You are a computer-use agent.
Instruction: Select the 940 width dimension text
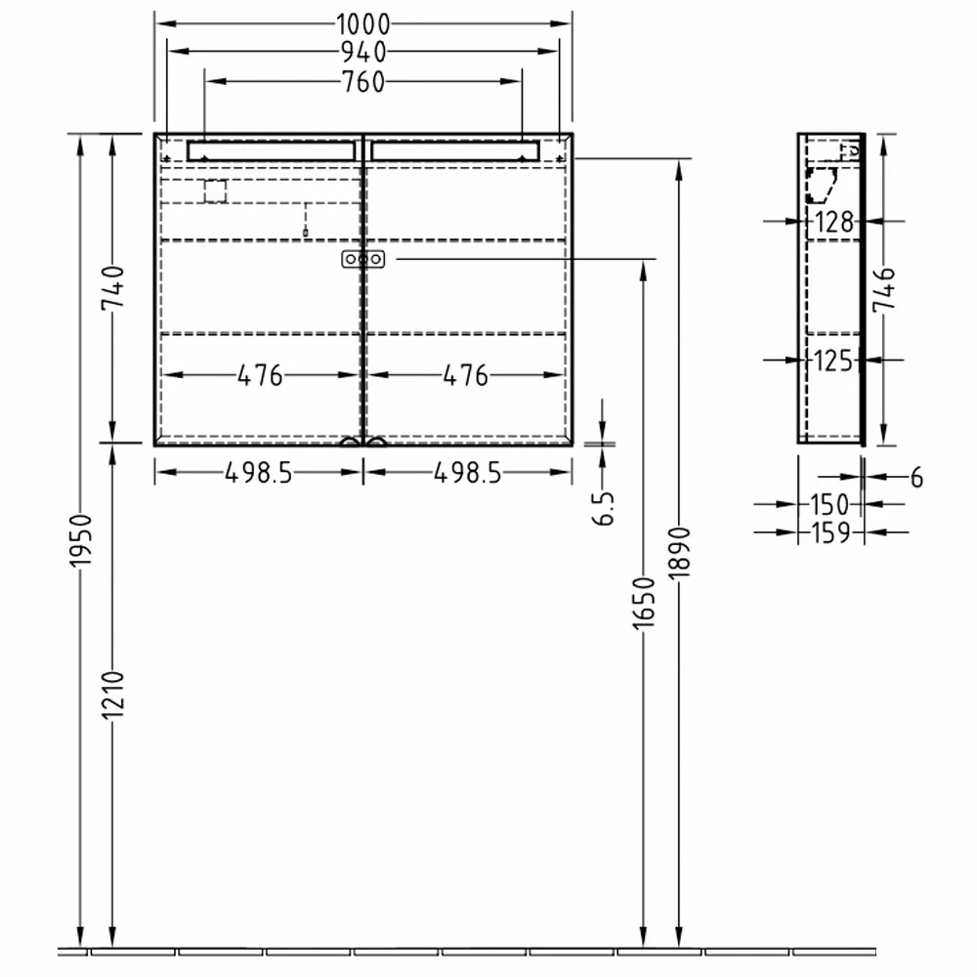tap(363, 53)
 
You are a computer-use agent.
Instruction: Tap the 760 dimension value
tap(363, 83)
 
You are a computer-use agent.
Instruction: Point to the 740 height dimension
tap(111, 287)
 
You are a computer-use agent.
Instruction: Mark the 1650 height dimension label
tap(643, 602)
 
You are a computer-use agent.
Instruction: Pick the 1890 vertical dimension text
tap(681, 554)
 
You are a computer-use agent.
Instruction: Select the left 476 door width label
tap(260, 375)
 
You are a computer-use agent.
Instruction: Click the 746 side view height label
tap(883, 289)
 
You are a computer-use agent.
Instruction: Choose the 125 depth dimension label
tap(833, 361)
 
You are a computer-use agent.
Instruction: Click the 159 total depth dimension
tap(829, 533)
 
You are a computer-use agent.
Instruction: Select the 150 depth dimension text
tap(829, 505)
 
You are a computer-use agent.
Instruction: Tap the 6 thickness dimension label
tap(915, 478)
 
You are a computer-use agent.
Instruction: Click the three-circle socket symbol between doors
tap(363, 259)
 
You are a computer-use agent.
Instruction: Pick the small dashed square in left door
tap(215, 191)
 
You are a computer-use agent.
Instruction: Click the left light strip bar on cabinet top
tap(271, 150)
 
